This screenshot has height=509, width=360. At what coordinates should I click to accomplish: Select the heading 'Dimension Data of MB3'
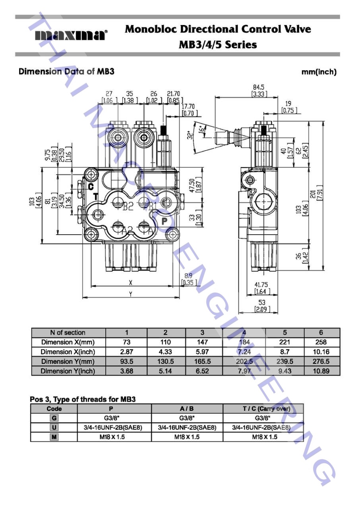(66, 72)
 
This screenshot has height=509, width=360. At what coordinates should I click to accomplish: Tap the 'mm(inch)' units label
(319, 72)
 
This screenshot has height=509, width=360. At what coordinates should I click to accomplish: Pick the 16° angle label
(201, 129)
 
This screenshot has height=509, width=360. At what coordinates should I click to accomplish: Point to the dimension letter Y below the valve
(131, 294)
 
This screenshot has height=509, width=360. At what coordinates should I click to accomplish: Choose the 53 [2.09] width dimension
(261, 306)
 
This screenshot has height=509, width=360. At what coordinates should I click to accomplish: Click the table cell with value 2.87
(126, 352)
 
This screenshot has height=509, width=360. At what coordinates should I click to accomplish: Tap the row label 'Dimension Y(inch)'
(68, 371)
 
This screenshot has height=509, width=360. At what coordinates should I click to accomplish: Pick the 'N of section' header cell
(68, 333)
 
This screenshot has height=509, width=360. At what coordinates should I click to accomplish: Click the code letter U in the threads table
(54, 427)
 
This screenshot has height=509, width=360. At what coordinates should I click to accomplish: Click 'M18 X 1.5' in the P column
(114, 437)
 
